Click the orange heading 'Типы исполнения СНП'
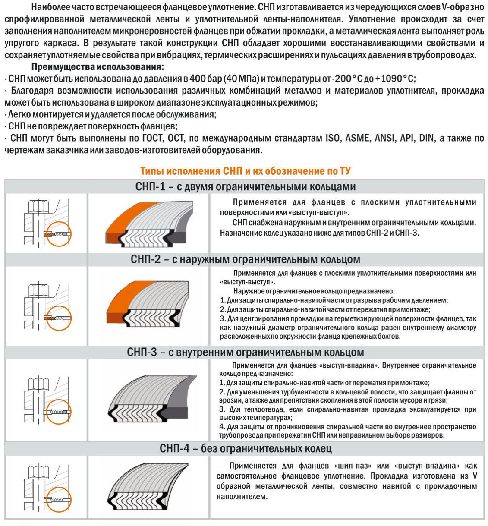[245, 171]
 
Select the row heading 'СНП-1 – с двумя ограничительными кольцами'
[245, 186]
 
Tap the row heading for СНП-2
[245, 259]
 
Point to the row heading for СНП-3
[245, 352]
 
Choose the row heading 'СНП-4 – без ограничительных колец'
[245, 448]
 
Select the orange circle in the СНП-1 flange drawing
[58, 234]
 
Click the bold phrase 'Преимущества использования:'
[97, 67]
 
